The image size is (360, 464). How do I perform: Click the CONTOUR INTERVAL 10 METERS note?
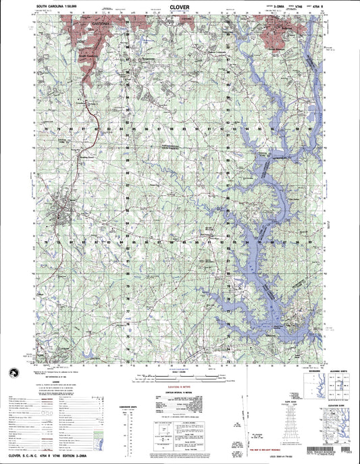point(180,391)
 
